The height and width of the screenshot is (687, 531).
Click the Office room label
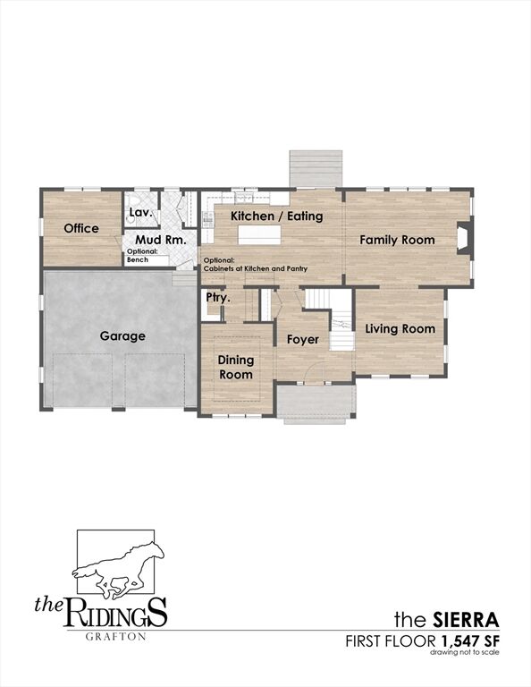[x=81, y=229]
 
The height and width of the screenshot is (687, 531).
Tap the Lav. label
[x=140, y=213]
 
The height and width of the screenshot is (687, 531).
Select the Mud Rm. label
[x=160, y=240]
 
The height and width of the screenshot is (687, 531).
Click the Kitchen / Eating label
[x=276, y=216]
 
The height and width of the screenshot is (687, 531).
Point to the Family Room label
[x=397, y=240]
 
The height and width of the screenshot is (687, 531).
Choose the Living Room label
[x=400, y=329]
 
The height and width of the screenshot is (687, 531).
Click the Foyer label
[x=302, y=340]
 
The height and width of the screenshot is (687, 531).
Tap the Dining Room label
[x=236, y=368]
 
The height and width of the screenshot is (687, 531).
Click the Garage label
[x=122, y=336]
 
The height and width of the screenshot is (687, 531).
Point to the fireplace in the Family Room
[x=463, y=239]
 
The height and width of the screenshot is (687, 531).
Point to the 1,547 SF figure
[x=468, y=641]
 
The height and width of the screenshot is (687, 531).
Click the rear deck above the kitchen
[x=316, y=168]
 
